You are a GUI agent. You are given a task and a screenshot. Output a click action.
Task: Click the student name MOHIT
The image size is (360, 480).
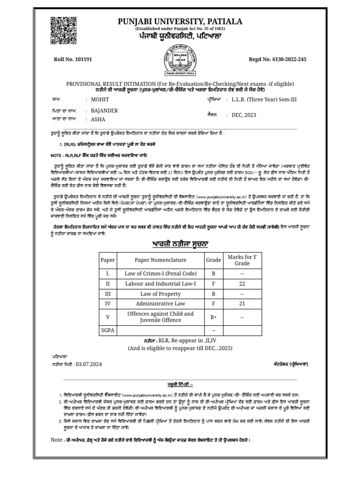click(99, 100)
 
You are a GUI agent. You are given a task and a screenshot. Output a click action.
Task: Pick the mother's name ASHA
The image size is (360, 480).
click(98, 120)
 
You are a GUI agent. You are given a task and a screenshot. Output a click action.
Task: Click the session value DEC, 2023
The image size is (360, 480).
click(241, 115)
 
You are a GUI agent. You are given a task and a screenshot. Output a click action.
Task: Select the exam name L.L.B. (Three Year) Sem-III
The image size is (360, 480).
click(264, 100)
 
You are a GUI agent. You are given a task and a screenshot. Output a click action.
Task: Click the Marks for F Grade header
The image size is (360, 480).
click(242, 260)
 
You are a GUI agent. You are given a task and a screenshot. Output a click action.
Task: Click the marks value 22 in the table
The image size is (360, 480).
click(242, 284)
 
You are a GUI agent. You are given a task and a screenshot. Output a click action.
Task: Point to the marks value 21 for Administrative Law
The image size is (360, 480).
click(242, 304)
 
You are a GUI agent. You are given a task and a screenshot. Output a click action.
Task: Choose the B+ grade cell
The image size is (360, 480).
click(213, 317)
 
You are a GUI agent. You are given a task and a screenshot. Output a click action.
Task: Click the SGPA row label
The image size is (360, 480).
click(107, 330)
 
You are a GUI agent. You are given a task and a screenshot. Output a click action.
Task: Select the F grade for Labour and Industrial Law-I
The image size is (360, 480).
click(213, 284)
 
